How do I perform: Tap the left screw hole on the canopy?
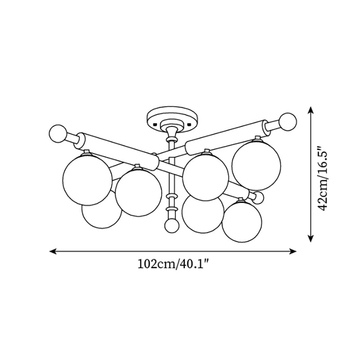coord(155,125)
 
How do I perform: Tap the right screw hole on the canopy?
coord(189,125)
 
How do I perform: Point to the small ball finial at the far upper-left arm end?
coord(58,134)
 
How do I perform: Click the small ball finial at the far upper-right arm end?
coord(288,121)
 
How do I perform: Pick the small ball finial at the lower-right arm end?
coord(258,198)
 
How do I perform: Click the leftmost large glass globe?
coord(87,180)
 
